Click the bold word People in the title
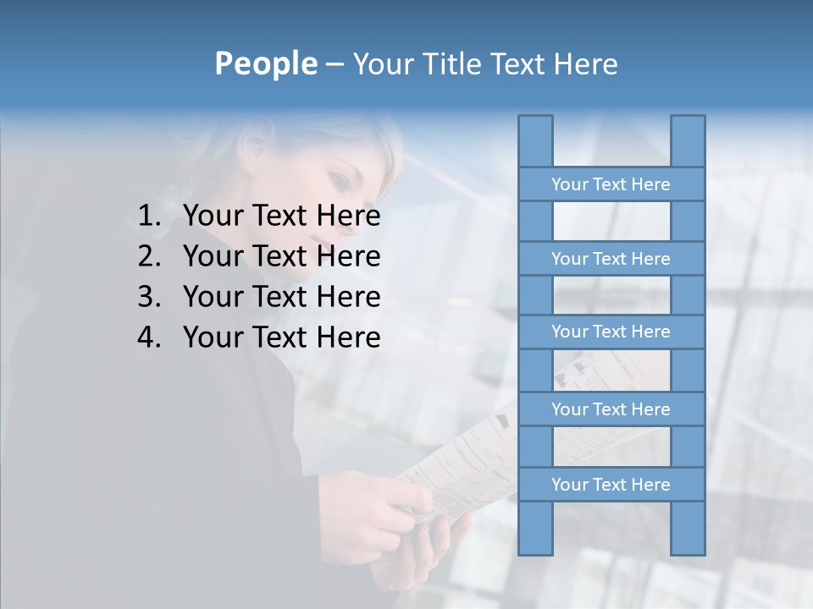(265, 63)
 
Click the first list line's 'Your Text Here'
(281, 216)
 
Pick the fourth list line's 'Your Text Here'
(281, 337)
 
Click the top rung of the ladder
(611, 184)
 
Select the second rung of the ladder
(611, 259)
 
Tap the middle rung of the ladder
(611, 332)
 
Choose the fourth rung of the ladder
(611, 409)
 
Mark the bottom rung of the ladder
(611, 485)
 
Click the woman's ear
(255, 149)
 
